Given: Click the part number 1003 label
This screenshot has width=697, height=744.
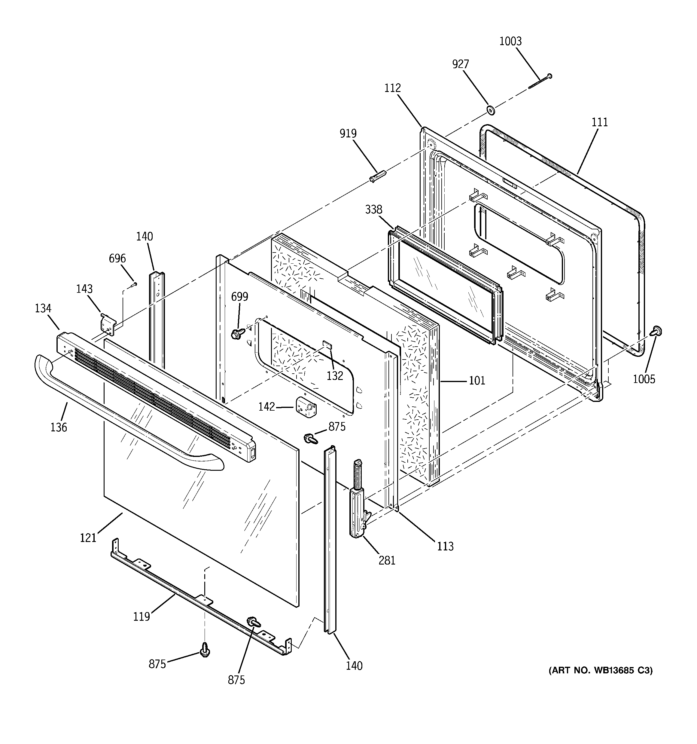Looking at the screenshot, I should pyautogui.click(x=510, y=41).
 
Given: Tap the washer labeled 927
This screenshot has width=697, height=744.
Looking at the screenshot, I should pyautogui.click(x=490, y=110).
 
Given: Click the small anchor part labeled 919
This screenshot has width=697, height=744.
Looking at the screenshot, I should pyautogui.click(x=378, y=176).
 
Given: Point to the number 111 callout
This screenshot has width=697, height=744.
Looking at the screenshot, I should pyautogui.click(x=600, y=122).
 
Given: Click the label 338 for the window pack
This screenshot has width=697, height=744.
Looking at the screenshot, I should pyautogui.click(x=374, y=210).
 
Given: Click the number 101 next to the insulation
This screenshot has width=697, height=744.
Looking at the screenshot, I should pyautogui.click(x=477, y=381).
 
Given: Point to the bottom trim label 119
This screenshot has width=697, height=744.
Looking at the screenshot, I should pyautogui.click(x=142, y=616).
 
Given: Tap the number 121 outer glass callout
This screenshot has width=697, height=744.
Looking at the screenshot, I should pyautogui.click(x=88, y=538).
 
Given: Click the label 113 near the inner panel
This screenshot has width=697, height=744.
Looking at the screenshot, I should pyautogui.click(x=445, y=546).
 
